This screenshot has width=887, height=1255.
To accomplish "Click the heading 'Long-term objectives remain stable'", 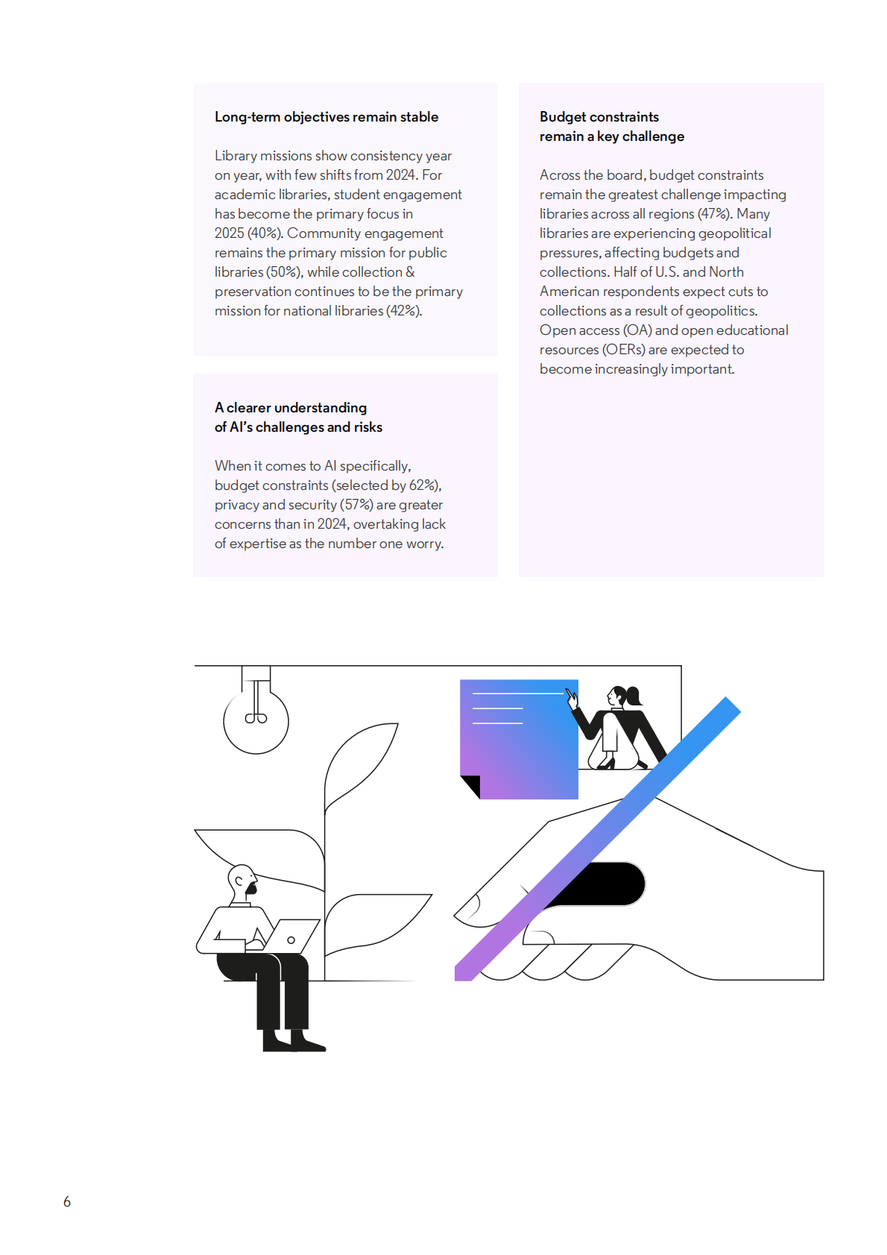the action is point(326,117).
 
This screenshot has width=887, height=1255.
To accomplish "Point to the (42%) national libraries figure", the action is point(404,311).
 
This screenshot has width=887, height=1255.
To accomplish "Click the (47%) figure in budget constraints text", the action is point(715,214).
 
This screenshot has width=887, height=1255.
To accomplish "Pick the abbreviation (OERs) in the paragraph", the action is point(623,350).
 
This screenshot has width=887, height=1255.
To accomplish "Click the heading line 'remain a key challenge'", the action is point(612,136).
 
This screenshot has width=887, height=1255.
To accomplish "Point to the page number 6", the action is point(67,1202).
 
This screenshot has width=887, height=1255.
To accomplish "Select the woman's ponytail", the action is point(634,696).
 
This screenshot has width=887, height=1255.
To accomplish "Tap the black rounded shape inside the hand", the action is point(602,884).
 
